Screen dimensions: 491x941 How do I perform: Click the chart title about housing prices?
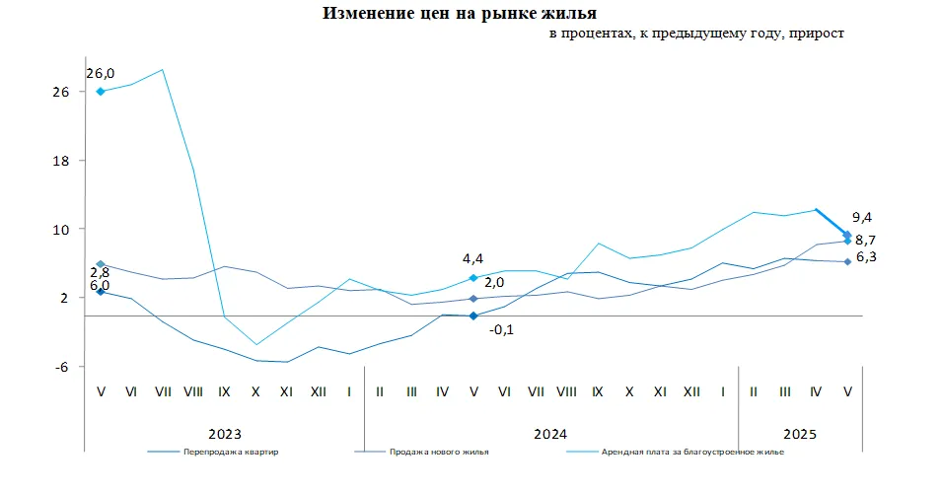[x=459, y=14]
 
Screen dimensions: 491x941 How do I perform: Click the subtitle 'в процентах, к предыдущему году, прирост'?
[x=696, y=34]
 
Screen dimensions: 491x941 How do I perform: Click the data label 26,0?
[x=101, y=73]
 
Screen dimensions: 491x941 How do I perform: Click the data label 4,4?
[x=472, y=258]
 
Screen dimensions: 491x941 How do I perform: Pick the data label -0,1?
[x=501, y=328]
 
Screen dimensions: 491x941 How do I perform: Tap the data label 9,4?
[x=862, y=218]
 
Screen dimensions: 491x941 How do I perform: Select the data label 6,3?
[x=867, y=258]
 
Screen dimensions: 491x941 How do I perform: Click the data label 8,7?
[x=867, y=240]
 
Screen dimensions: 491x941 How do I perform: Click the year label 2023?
[x=225, y=434]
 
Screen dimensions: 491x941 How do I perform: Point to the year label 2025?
[x=800, y=434]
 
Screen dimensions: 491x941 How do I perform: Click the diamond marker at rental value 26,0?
[x=101, y=92]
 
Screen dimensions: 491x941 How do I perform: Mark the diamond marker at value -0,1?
[x=474, y=316]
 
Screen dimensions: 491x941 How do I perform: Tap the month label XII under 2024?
[x=691, y=391]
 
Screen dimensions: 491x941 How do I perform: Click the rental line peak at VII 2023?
[x=163, y=69]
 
